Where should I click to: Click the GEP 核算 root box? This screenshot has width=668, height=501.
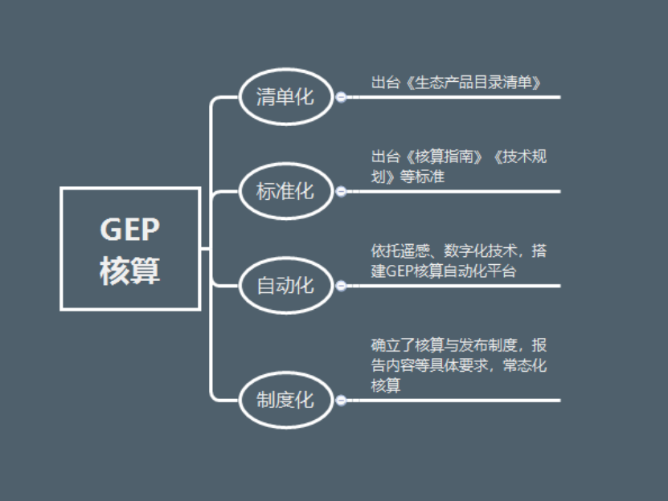(x=130, y=248)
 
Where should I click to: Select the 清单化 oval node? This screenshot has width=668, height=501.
(x=285, y=97)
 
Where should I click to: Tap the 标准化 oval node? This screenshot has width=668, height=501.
(x=285, y=191)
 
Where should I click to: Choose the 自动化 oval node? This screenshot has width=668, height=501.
(x=285, y=285)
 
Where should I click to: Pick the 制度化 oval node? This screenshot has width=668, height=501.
(x=285, y=400)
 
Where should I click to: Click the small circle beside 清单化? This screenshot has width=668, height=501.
(x=341, y=97)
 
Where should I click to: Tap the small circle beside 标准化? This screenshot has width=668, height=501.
(x=341, y=191)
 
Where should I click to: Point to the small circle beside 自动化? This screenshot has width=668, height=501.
(x=341, y=285)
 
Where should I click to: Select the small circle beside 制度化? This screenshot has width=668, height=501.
(x=341, y=400)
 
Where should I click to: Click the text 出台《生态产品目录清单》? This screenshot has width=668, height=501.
(x=455, y=82)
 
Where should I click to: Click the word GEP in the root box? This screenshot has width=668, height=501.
(x=130, y=230)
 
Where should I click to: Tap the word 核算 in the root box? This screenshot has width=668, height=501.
(x=130, y=271)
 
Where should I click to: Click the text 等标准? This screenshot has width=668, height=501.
(x=422, y=176)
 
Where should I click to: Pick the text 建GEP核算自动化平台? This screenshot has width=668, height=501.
(x=443, y=271)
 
